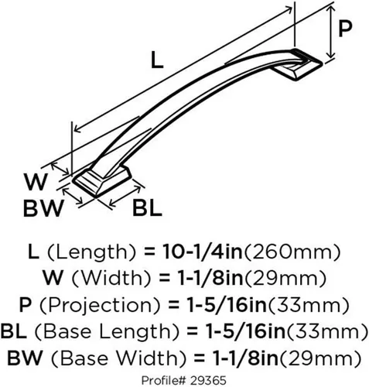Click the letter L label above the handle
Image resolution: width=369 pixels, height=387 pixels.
coord(157,60)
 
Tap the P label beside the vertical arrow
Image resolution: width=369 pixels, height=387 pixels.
coord(345,29)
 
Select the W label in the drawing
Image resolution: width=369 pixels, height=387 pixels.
coord(36,182)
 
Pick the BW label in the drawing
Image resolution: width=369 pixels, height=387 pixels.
coord(43,208)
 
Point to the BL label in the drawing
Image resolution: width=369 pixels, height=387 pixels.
coord(147,207)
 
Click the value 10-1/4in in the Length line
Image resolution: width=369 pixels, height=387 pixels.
coord(203,252)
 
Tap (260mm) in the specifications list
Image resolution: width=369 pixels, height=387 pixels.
coord(292,252)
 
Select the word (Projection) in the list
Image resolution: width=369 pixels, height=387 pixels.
coord(101,305)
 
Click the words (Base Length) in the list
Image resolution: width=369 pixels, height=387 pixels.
coord(106,331)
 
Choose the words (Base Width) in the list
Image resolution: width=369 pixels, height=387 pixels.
coord(118,358)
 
